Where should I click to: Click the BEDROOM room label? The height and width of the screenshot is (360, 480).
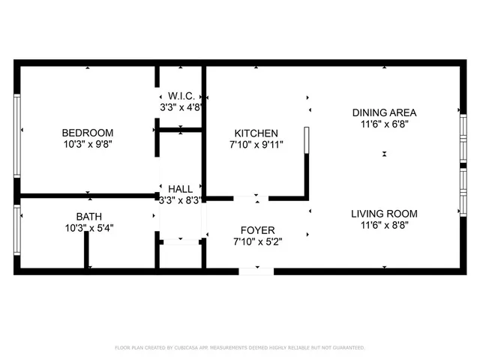pos(88,133)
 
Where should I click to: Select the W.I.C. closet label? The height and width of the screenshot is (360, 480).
pos(181,96)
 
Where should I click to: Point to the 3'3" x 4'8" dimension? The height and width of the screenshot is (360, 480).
pos(181,107)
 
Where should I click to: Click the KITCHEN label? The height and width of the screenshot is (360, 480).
pos(256,133)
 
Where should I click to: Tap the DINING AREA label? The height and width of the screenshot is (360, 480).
pos(384,113)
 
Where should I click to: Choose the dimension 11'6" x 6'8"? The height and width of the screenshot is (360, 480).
pos(384,124)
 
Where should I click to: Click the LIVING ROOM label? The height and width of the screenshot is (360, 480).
pos(384,214)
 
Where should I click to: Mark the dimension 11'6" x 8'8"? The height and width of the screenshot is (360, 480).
pos(384,225)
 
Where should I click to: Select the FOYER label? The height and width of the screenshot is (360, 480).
pos(256,230)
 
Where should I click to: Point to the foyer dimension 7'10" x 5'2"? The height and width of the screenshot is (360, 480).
pos(256,241)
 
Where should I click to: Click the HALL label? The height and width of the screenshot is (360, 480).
pos(180,189)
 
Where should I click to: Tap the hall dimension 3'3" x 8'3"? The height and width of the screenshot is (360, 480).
pos(181,200)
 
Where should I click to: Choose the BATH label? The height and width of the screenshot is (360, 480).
pos(88,216)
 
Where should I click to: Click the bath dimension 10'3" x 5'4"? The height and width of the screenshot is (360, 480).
pos(88,227)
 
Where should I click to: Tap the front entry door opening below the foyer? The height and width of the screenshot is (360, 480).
pos(256,271)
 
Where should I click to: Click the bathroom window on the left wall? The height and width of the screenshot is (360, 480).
pos(17,230)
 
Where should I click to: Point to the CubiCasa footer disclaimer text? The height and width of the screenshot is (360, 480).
pos(239,348)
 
